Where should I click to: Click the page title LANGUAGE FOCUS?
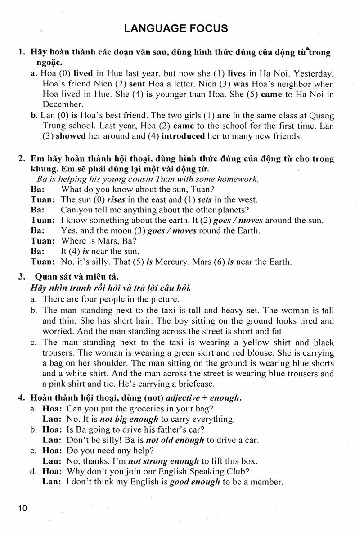(176, 28)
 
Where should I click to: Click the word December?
(59, 104)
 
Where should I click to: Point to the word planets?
(233, 210)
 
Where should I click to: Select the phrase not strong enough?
(164, 461)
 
